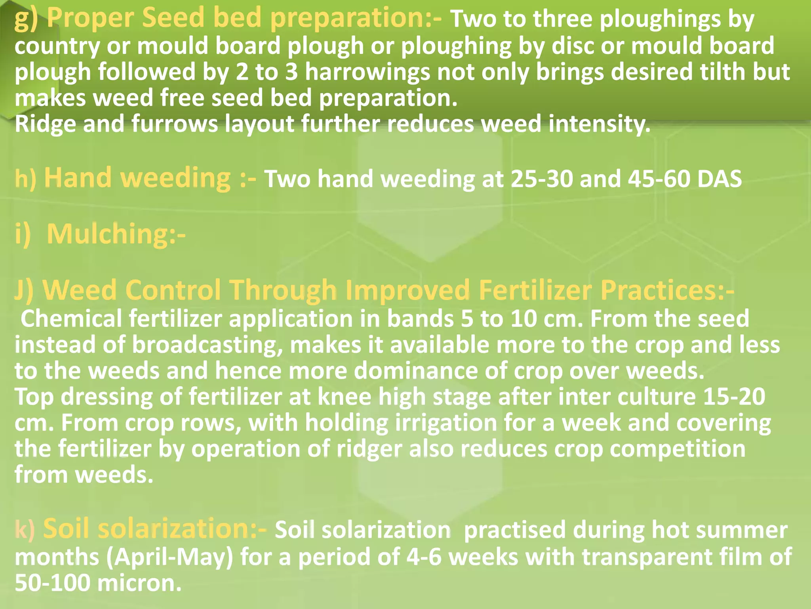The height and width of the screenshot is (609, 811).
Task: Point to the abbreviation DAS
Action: (719, 179)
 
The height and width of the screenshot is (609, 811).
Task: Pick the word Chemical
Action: (71, 319)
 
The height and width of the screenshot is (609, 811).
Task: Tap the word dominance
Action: (415, 371)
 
